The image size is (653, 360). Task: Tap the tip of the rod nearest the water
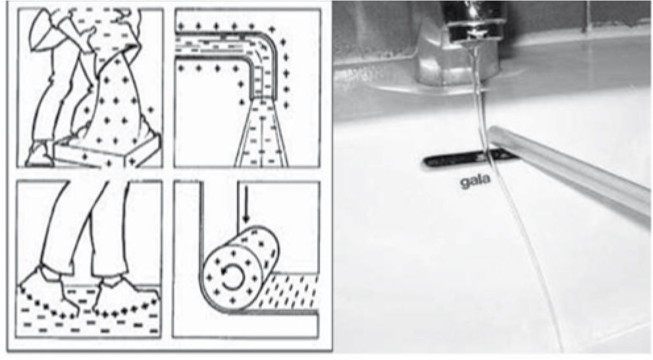tap(495, 134)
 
